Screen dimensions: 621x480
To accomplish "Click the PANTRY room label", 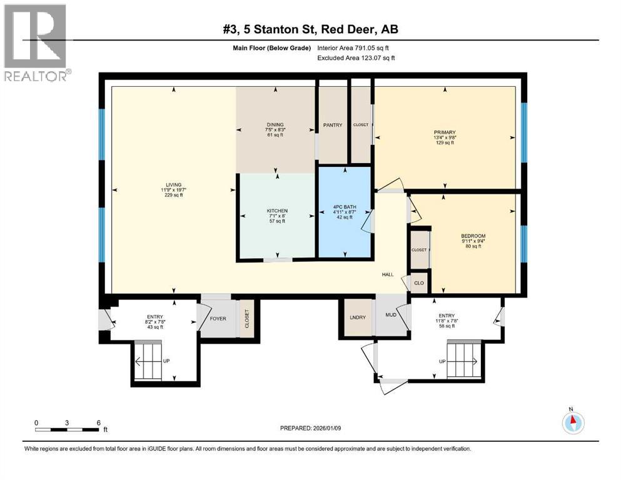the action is [x=333, y=125].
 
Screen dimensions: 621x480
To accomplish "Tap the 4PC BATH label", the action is [x=345, y=207].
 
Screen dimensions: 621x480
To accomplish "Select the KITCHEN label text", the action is [x=277, y=211].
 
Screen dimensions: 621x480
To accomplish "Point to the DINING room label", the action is [x=275, y=124].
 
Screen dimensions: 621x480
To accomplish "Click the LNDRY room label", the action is [x=358, y=317].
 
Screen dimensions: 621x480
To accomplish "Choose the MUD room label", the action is [x=391, y=315].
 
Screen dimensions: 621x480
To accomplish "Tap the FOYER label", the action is [x=218, y=319].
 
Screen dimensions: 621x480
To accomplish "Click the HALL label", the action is [x=388, y=274].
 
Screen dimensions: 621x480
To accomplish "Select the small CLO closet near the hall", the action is [x=419, y=283].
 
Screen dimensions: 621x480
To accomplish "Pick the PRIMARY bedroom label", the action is [x=445, y=132].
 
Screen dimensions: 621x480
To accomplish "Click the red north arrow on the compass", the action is [x=573, y=419].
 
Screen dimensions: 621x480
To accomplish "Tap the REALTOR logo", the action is [x=36, y=42].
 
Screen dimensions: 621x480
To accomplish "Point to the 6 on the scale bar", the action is [x=99, y=423].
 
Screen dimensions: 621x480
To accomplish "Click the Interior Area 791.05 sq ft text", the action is [x=353, y=48].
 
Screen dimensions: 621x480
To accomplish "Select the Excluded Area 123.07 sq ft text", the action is [x=356, y=57].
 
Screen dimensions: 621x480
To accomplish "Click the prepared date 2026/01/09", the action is [x=326, y=428].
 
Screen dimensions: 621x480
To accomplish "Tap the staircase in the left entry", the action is [x=148, y=361].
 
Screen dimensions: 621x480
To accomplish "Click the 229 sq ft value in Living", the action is [x=173, y=195].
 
